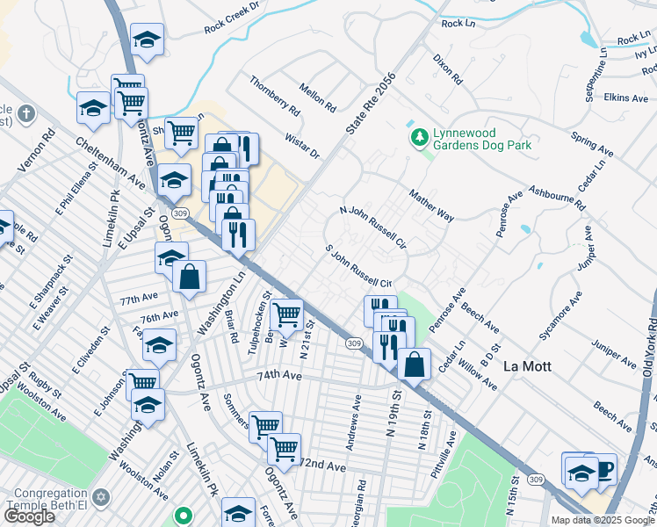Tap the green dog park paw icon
click(419, 137)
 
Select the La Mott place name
click(527, 366)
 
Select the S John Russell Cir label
click(358, 267)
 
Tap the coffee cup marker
click(603, 468)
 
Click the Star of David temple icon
click(99, 498)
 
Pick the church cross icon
click(27, 113)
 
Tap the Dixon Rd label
click(446, 69)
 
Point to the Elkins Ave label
click(626, 97)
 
